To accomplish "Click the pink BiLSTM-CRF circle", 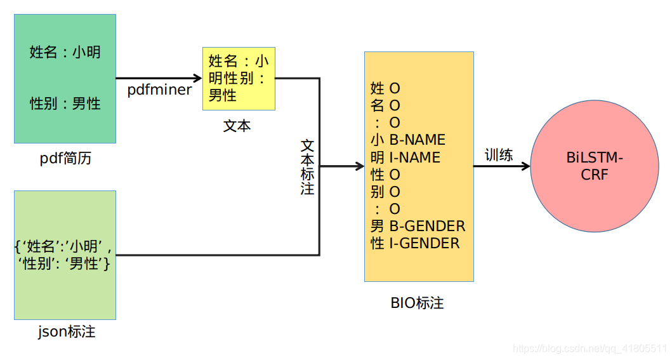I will [594, 166].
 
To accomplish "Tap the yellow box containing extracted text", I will [239, 79].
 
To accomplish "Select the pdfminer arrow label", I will [159, 90].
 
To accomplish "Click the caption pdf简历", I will [65, 159].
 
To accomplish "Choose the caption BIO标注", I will [417, 303].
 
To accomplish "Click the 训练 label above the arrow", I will [499, 155].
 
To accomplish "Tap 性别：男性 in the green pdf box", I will [65, 103].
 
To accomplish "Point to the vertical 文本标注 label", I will [307, 167].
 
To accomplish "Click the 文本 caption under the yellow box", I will [237, 126].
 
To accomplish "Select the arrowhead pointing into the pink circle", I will [525, 166].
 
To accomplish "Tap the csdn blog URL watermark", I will [590, 349].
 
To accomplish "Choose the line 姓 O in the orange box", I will [385, 88].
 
